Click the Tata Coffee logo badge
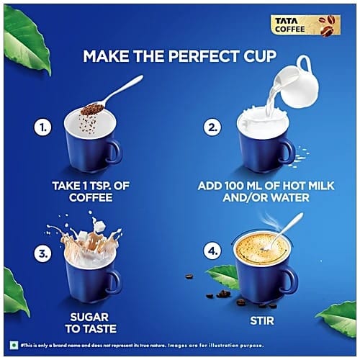click(305, 25)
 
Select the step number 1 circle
click(43, 127)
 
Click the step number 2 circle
click(212, 127)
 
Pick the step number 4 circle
click(212, 251)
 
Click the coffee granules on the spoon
click(92, 109)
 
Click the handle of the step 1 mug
click(115, 150)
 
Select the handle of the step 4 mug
click(290, 279)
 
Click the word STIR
click(262, 320)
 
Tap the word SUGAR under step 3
click(89, 318)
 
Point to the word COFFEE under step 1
click(91, 197)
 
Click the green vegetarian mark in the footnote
click(14, 346)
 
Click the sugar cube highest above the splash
click(99, 226)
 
